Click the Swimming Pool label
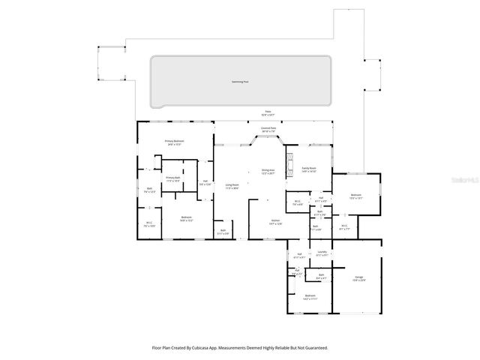pos(241,82)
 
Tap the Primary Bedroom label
pos(175,141)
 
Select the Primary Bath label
pos(173,178)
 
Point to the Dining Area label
pos(268,170)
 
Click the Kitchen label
pos(275,220)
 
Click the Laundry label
pos(322,252)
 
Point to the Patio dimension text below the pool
pos(268,115)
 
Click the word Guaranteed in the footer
pos(313,348)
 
